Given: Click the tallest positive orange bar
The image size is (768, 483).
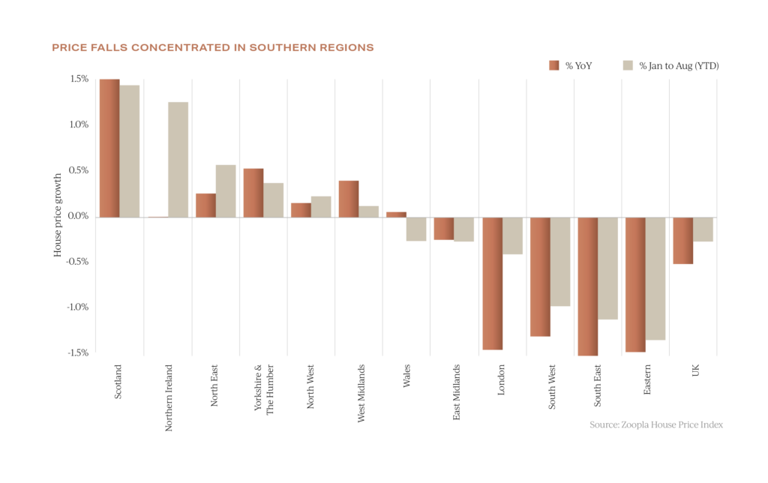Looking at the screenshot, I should (109, 148).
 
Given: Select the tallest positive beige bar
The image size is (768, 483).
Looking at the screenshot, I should (130, 151).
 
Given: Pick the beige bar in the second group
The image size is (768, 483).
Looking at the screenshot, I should (178, 159).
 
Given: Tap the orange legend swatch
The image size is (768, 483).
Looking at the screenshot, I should (553, 65).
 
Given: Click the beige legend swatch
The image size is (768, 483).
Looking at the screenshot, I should (628, 65).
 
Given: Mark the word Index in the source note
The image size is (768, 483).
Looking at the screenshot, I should (713, 424).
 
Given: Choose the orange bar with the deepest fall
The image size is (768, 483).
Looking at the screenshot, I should (587, 286).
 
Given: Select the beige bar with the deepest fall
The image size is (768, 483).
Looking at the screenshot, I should (655, 279).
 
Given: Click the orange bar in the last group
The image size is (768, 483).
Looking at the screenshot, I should (682, 241).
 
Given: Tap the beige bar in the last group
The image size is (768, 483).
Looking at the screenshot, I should (703, 229).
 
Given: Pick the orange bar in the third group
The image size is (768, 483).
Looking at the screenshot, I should (205, 205).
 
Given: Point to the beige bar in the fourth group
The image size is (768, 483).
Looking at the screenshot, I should (274, 199).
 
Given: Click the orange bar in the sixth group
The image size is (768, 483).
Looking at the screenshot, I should (348, 199).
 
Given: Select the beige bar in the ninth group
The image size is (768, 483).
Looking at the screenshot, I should (513, 236).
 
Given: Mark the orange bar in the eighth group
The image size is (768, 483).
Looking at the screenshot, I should (443, 229).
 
